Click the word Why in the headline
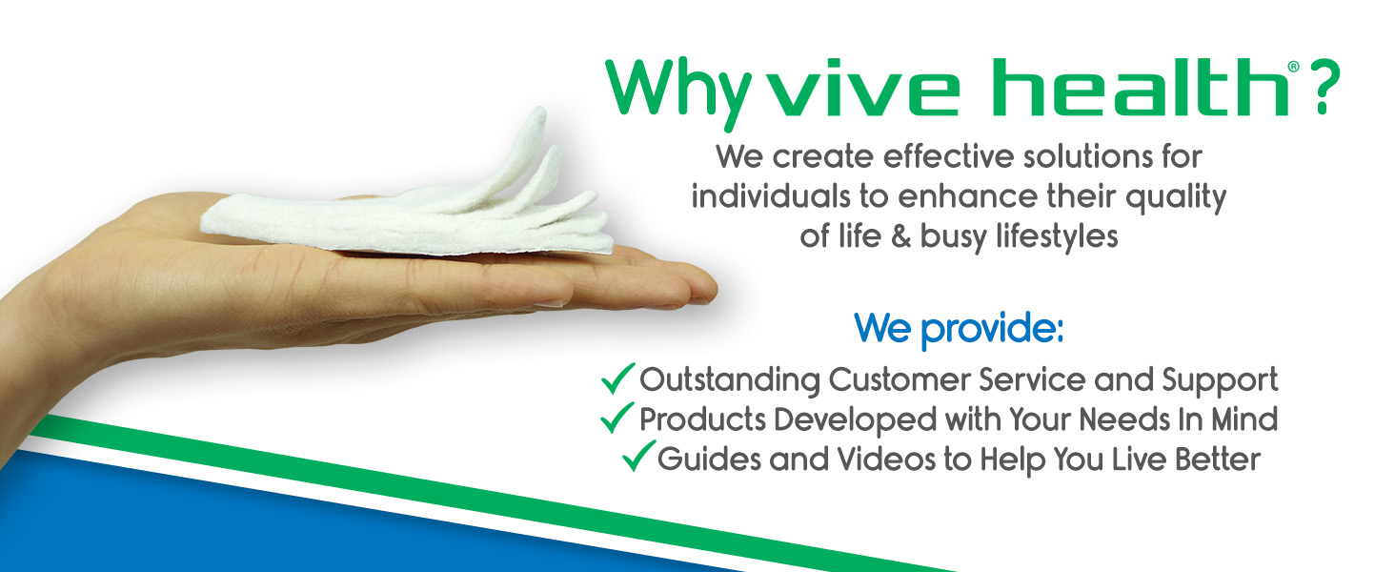pos(678,93)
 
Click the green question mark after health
pos(1324,88)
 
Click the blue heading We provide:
pos(959,329)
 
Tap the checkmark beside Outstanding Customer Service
pos(617,378)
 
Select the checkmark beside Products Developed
pos(617,418)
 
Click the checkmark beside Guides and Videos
pos(639,456)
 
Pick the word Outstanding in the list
pos(730,380)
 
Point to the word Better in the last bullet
pos(1218,460)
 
